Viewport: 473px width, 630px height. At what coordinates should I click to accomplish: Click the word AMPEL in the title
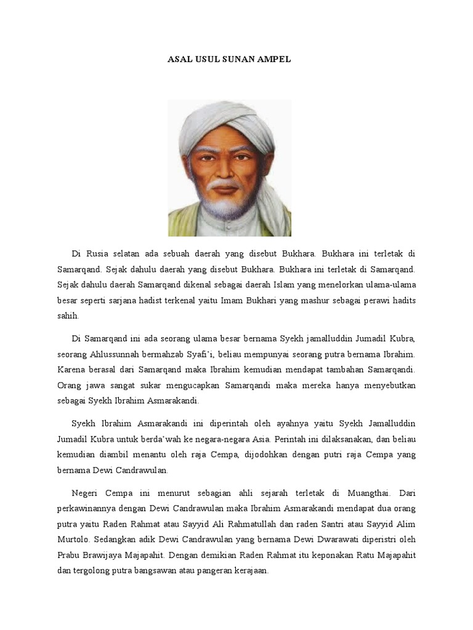pos(273,60)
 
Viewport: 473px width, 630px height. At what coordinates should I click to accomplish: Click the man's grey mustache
pos(225,183)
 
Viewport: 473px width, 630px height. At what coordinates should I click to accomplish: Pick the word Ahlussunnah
pos(116,354)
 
